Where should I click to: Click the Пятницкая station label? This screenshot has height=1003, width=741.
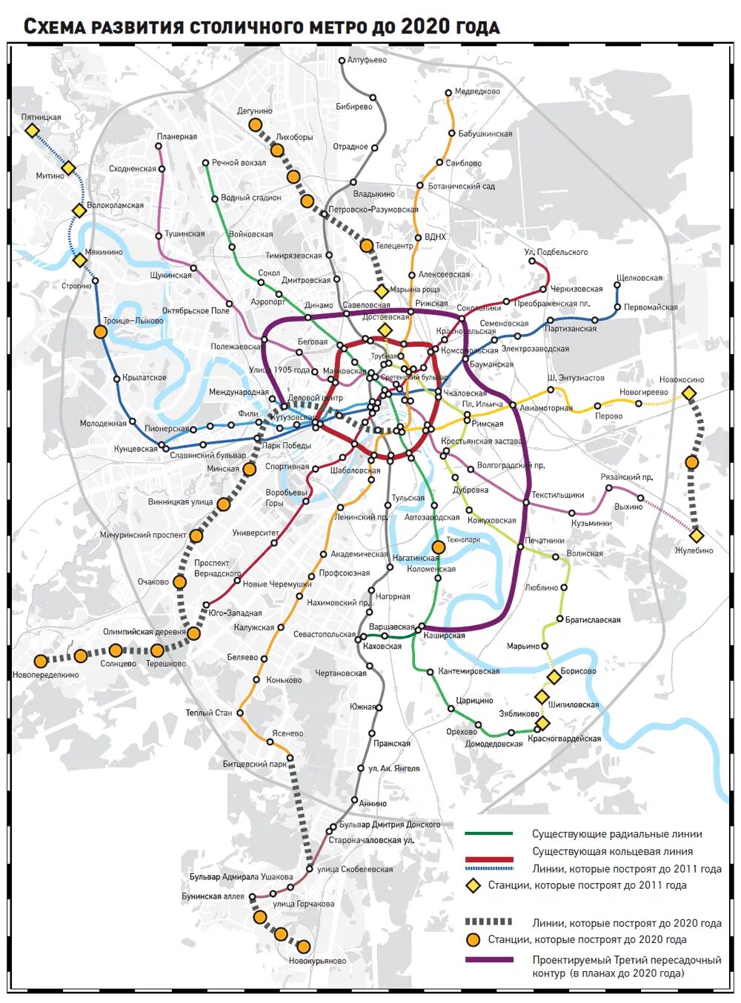41,117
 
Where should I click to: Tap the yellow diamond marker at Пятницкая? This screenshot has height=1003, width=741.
32,130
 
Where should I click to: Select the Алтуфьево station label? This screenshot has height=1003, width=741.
367,60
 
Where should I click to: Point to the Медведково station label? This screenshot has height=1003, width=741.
477,92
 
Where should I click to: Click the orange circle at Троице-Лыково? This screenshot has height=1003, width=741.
100,332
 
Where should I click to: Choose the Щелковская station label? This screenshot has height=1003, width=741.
639,278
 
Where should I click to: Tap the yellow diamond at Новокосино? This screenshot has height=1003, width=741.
689,393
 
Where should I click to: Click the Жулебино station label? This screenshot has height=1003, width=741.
694,550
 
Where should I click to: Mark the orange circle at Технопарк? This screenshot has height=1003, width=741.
438,547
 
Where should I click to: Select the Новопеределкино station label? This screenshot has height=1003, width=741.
45,675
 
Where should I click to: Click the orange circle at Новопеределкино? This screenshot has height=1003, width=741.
40,661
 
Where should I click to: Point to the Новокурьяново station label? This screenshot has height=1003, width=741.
317,961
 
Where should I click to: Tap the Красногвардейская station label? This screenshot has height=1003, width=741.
564,739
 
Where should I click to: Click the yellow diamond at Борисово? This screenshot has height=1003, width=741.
554,676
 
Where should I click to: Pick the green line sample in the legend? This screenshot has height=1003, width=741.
488,834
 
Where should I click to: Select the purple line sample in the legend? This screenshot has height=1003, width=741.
488,960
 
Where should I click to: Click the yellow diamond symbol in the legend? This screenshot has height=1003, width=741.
472,886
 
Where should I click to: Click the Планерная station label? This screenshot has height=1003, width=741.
176,136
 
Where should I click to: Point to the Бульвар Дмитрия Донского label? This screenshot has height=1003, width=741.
389,824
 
